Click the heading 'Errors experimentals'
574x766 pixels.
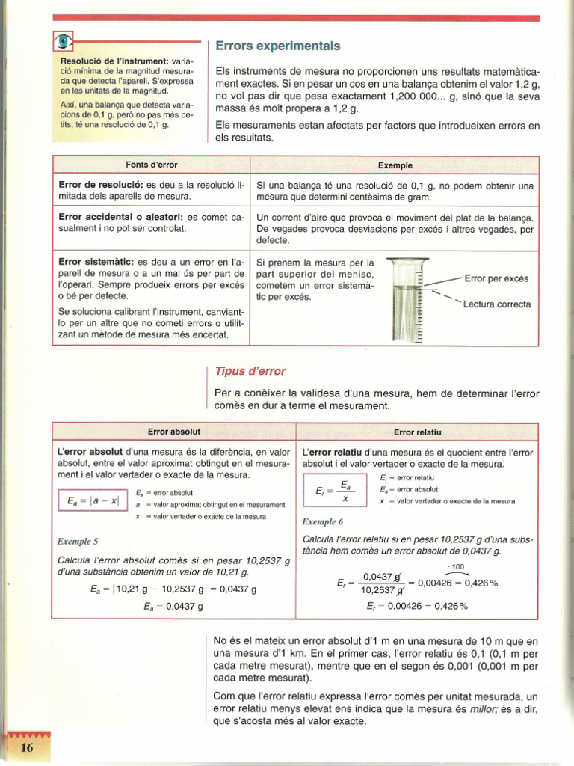click(277, 46)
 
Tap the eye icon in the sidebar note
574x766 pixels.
click(64, 42)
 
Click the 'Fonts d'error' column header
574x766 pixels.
click(151, 165)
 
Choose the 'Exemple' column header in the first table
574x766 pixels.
click(395, 165)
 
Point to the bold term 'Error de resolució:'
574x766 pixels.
click(101, 185)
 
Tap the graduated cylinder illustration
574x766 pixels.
click(406, 299)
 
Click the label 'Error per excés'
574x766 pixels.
click(496, 279)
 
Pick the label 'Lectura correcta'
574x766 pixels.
click(497, 304)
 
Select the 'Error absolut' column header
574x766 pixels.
click(173, 432)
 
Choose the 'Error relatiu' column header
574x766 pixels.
click(418, 432)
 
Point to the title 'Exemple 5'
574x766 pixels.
click(78, 541)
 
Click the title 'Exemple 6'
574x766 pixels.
click(322, 522)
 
